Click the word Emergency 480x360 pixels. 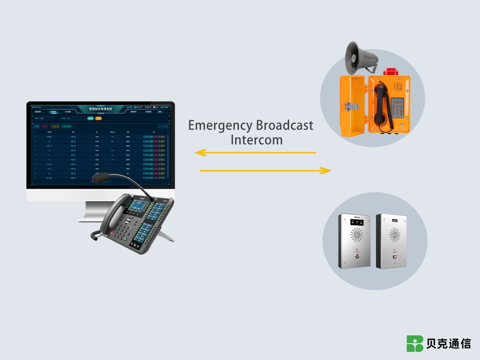[x=220, y=126]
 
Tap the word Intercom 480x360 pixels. [x=256, y=140]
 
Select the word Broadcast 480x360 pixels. [x=284, y=125]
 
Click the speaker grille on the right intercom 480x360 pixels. [x=395, y=234]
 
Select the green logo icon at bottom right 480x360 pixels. [x=415, y=344]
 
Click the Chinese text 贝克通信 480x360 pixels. [x=448, y=344]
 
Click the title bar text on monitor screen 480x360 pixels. [x=106, y=109]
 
